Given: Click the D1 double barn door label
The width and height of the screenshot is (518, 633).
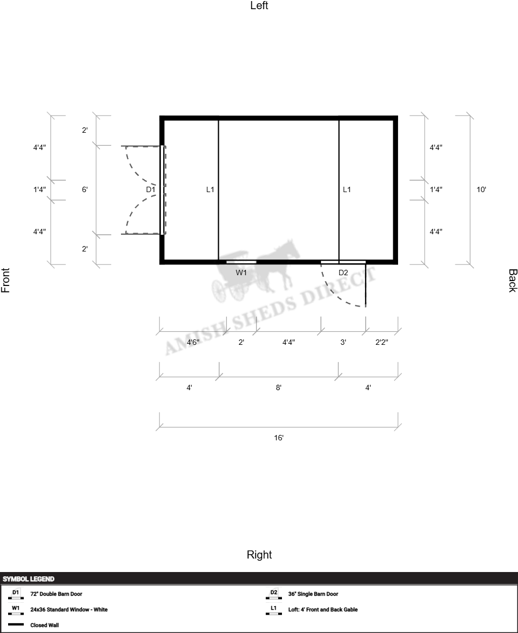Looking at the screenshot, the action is (x=151, y=189).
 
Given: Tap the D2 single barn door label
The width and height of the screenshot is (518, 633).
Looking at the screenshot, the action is (x=343, y=273).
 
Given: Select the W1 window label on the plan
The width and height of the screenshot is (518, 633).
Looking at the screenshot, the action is (x=241, y=273).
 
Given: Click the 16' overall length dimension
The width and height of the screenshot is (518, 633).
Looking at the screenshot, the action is (x=279, y=438).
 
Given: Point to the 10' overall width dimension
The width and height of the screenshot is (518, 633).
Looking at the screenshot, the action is (x=481, y=189).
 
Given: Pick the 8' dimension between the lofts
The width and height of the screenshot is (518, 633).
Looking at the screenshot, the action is (x=278, y=387).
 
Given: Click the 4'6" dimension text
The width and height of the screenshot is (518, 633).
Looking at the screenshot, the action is (x=193, y=342).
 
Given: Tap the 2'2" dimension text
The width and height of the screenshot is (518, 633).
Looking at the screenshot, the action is (x=382, y=342).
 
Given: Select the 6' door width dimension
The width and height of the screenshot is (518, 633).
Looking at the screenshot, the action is (x=85, y=189).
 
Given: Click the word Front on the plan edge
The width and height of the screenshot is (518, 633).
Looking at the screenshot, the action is (x=5, y=280).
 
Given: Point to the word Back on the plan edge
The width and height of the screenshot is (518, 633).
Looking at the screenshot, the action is (x=513, y=281).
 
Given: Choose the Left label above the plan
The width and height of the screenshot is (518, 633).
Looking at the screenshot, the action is (x=259, y=5).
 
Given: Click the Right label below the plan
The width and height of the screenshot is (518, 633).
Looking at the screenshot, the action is (x=259, y=555).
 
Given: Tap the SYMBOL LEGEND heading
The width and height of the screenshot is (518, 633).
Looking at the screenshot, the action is (x=28, y=579).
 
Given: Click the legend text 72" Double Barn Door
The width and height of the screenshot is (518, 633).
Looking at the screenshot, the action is (x=56, y=594).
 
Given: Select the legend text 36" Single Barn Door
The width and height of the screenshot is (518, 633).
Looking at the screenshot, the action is (x=313, y=594).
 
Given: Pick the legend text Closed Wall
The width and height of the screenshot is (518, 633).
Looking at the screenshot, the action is (x=44, y=625).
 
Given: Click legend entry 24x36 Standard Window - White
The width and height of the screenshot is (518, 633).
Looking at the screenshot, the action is (x=69, y=610).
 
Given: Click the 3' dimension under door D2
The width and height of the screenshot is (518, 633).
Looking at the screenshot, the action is (x=343, y=342).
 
